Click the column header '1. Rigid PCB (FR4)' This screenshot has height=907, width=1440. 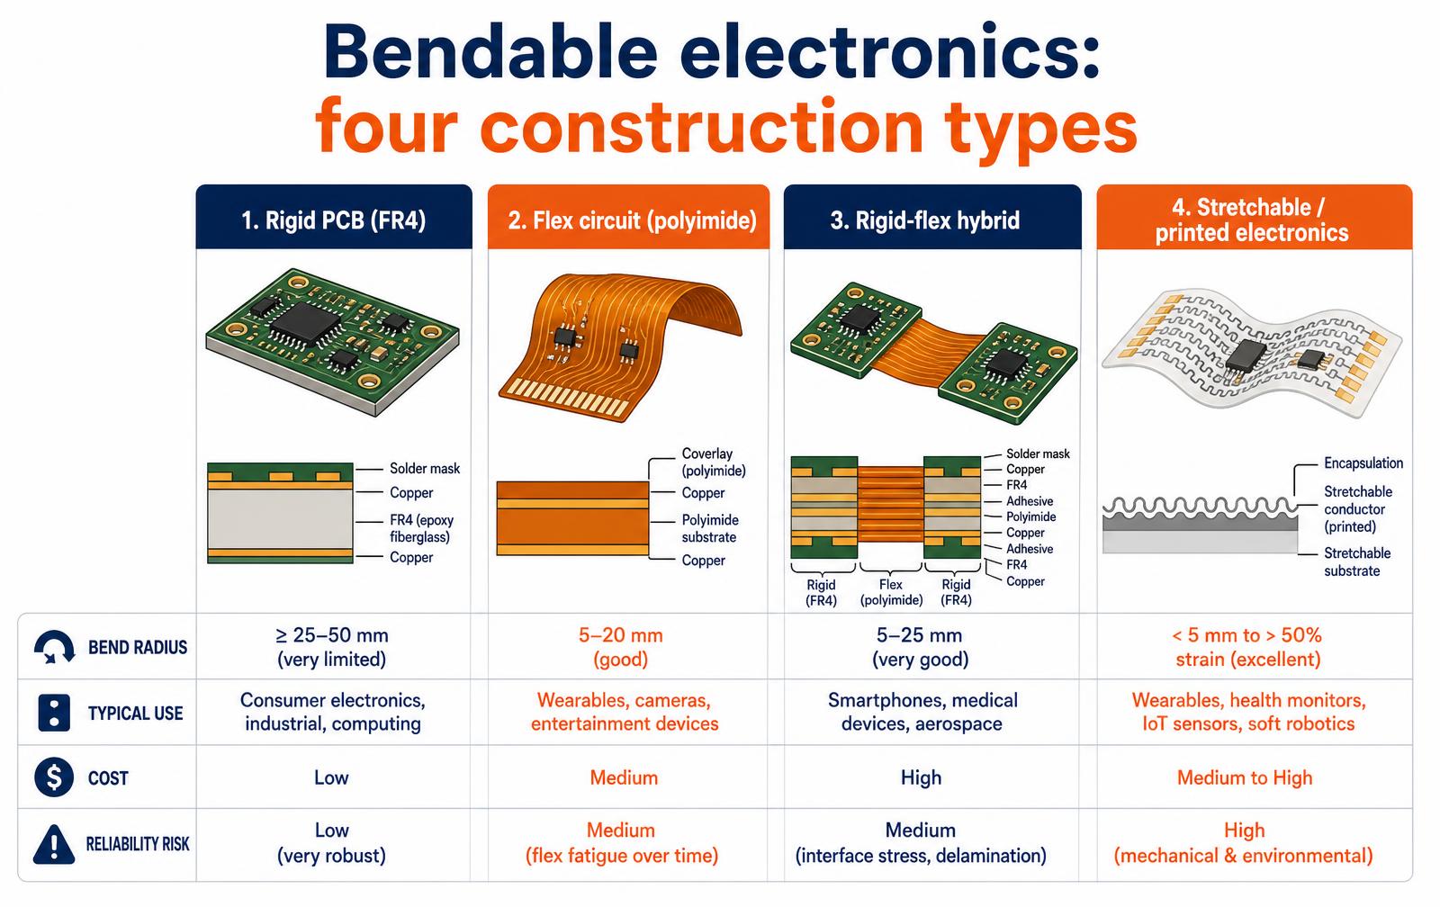pos(334,220)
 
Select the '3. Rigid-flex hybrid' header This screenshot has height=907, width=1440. pos(925,220)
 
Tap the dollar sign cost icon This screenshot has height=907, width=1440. pos(54,777)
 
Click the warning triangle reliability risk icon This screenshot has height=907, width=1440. pos(54,843)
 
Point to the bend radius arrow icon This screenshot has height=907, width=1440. pos(54,647)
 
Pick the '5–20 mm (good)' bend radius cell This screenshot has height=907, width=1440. pos(620,647)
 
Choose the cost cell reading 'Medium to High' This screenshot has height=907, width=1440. pos(1245,777)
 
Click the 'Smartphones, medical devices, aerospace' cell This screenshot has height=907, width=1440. pos(922,712)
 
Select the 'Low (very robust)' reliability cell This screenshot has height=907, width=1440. pos(332,843)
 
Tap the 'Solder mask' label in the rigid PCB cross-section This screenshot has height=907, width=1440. pos(425,469)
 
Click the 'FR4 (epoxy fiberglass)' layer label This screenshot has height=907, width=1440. pos(422,528)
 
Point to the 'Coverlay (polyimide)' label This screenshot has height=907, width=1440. pos(714,462)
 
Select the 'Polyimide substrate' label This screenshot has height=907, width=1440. pos(710,528)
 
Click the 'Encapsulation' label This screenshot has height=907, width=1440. pos(1363,463)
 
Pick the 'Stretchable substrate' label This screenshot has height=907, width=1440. pos(1357,561)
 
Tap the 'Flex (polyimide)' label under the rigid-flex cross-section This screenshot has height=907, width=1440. pos(891,592)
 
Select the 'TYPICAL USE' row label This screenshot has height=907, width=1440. pos(136,713)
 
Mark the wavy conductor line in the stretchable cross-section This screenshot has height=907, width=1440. pos(1201,506)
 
